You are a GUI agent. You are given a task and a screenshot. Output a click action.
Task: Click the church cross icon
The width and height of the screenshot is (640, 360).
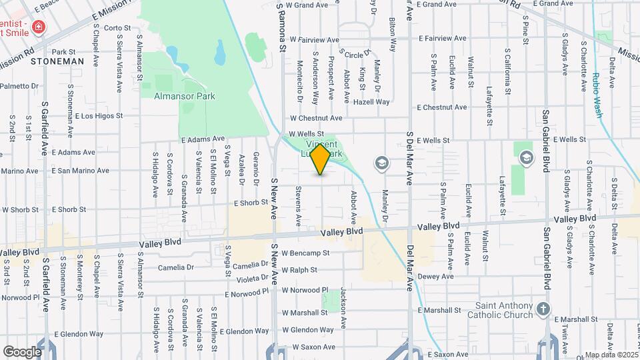point(544,309)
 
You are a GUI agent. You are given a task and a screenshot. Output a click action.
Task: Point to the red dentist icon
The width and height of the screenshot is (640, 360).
point(39,27)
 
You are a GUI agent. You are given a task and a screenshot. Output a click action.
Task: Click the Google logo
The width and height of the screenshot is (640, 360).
point(22,351)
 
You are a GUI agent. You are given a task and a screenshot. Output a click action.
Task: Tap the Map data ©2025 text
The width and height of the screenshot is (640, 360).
point(611,355)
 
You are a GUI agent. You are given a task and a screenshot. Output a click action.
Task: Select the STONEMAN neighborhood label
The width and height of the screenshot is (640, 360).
point(57,61)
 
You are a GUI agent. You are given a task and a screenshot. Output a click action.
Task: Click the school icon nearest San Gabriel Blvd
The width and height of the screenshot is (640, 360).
point(526,157)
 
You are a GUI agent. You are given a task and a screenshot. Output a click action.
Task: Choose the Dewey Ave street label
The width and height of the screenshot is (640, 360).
point(436,277)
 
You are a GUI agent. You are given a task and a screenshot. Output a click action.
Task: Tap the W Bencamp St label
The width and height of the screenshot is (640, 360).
point(305,253)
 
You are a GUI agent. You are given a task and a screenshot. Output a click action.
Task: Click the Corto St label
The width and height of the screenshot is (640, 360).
point(117,28)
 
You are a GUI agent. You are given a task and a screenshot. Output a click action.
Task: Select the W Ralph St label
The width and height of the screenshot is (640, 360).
point(299,271)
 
